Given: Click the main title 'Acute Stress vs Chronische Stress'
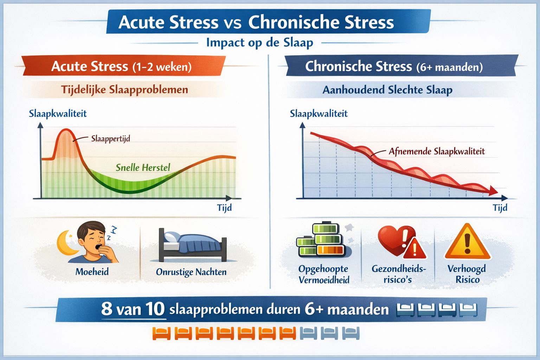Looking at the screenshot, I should pyautogui.click(x=256, y=22).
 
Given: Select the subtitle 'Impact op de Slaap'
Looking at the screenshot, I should pyautogui.click(x=259, y=43).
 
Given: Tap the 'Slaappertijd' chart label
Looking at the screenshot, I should pyautogui.click(x=110, y=139).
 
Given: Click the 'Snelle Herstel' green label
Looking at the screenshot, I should pyautogui.click(x=143, y=167).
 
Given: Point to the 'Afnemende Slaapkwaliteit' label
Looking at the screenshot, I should pyautogui.click(x=437, y=152).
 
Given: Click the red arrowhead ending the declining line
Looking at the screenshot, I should pyautogui.click(x=493, y=191).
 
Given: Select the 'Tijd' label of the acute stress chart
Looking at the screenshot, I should pyautogui.click(x=224, y=207).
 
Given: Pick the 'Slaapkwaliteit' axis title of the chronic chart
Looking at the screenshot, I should pyautogui.click(x=319, y=114).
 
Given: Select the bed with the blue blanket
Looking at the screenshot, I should pyautogui.click(x=193, y=244).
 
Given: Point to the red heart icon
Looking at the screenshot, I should pyautogui.click(x=394, y=239).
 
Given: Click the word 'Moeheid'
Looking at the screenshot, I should pyautogui.click(x=92, y=272).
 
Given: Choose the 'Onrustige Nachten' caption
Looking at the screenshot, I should pyautogui.click(x=191, y=272).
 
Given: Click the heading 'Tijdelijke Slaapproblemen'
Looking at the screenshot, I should pyautogui.click(x=125, y=90).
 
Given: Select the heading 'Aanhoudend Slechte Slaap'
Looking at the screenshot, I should pyautogui.click(x=387, y=90).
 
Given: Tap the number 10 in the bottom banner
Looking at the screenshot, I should pyautogui.click(x=155, y=309).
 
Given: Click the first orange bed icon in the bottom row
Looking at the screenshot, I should pyautogui.click(x=161, y=333).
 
